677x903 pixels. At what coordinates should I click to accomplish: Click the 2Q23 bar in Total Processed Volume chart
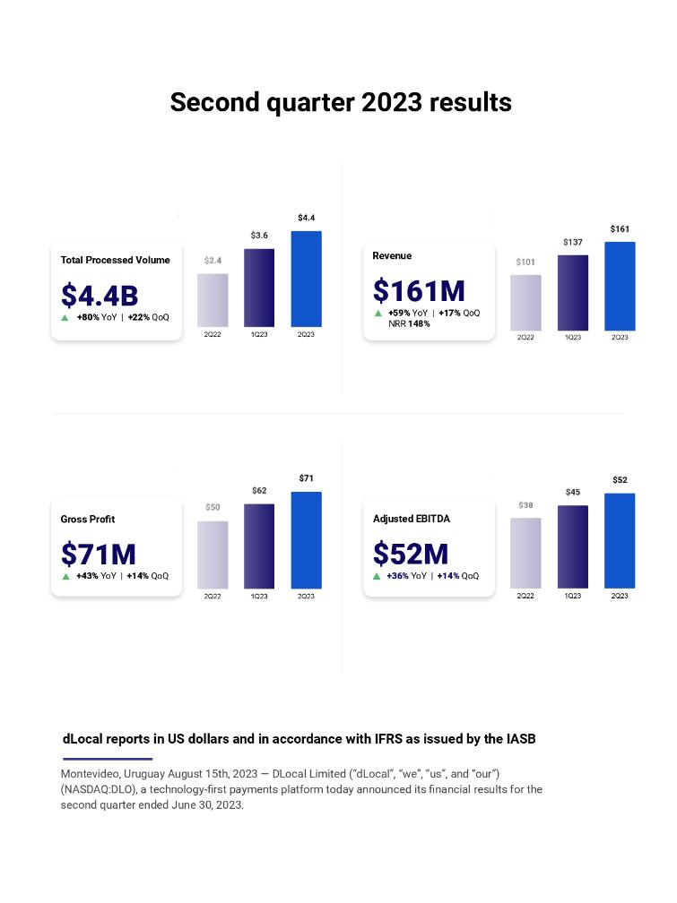click(306, 279)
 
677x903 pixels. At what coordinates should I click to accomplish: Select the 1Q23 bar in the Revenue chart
click(572, 292)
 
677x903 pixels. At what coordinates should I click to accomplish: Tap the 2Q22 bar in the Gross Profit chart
click(213, 555)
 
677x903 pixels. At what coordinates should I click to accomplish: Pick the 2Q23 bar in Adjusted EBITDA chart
click(620, 540)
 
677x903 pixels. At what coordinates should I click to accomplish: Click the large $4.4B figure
click(100, 295)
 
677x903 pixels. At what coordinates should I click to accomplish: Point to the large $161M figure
click(419, 291)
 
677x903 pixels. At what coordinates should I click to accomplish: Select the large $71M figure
click(99, 555)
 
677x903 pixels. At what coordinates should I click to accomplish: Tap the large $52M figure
click(411, 555)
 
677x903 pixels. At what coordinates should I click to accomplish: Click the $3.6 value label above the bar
click(259, 236)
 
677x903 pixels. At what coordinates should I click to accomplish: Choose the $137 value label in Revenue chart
click(572, 242)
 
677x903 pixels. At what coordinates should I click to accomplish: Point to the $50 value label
click(213, 507)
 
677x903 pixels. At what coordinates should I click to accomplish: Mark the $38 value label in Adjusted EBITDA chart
click(525, 505)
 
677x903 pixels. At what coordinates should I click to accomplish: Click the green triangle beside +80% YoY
click(65, 317)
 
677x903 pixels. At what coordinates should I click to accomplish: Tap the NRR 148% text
click(409, 324)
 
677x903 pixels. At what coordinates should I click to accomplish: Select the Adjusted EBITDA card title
click(412, 519)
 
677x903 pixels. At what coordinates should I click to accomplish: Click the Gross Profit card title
click(88, 519)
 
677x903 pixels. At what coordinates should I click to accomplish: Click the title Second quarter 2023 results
click(341, 102)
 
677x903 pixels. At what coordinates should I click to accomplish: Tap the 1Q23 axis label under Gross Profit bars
click(259, 597)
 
